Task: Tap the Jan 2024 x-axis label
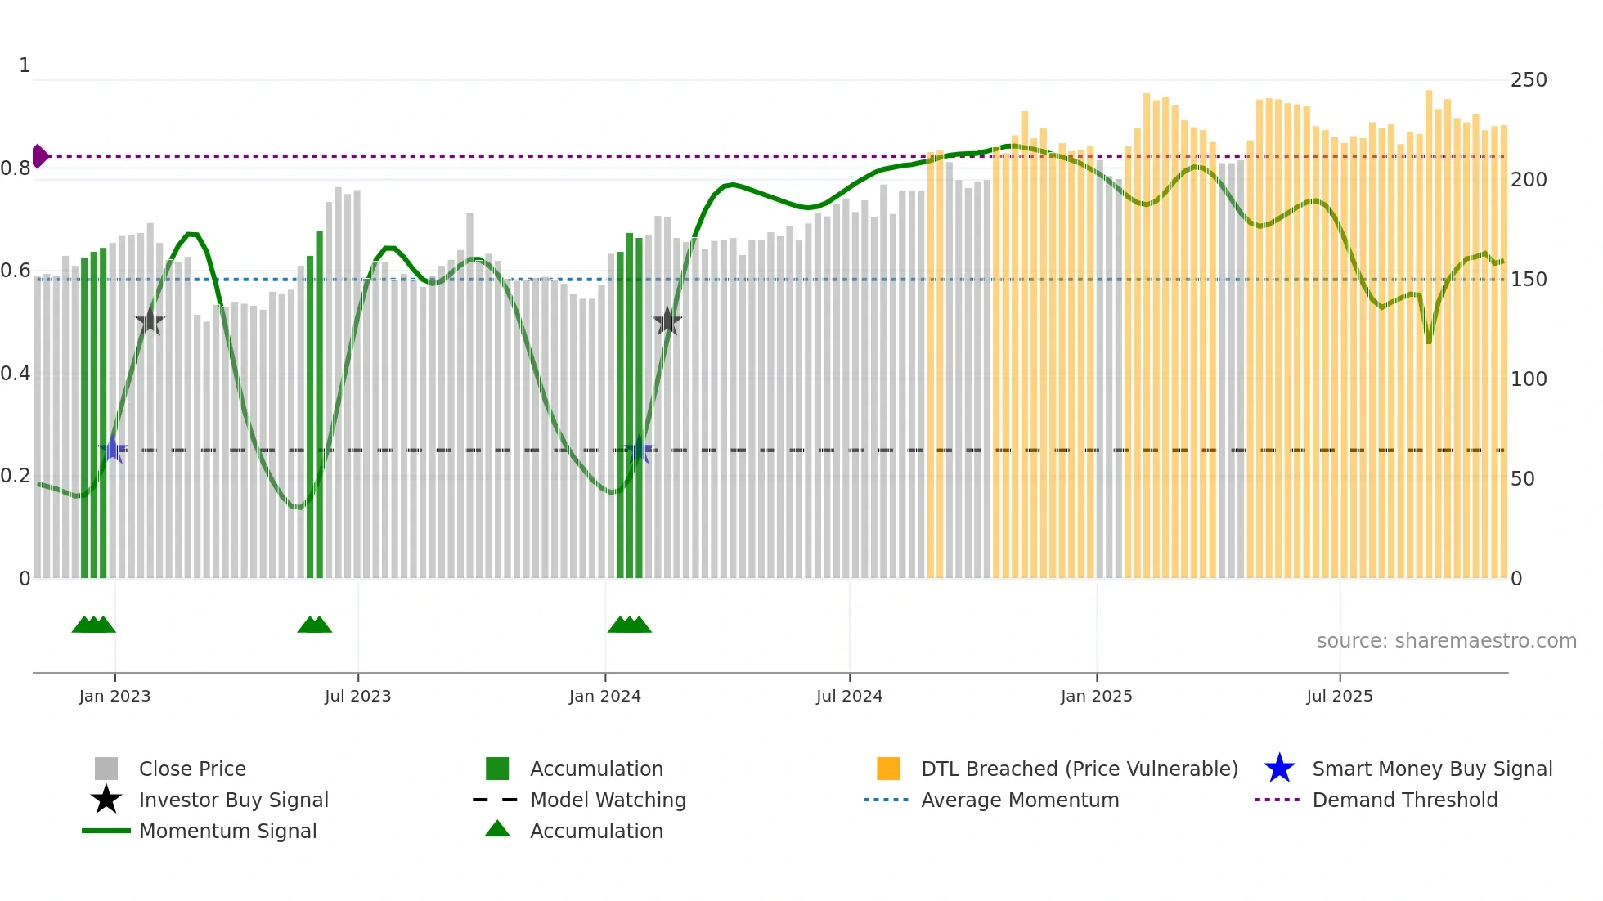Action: (604, 696)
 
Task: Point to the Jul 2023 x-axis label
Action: (357, 696)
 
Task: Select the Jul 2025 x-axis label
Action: (1339, 696)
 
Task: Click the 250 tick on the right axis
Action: (1528, 80)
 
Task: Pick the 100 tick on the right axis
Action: (1528, 379)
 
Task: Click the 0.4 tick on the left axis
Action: (16, 374)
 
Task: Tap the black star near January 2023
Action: (150, 321)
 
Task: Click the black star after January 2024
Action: (667, 321)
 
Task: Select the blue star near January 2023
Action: (113, 449)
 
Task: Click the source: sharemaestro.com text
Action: (1446, 641)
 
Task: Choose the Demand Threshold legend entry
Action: (1404, 800)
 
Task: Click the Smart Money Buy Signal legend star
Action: (1279, 769)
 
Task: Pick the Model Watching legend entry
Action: (607, 800)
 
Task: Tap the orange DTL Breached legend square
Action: (888, 769)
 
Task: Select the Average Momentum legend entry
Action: (1019, 800)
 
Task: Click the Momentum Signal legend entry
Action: (227, 831)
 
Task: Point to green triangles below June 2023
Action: (314, 625)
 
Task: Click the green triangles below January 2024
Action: (629, 625)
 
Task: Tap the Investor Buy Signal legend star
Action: (106, 800)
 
